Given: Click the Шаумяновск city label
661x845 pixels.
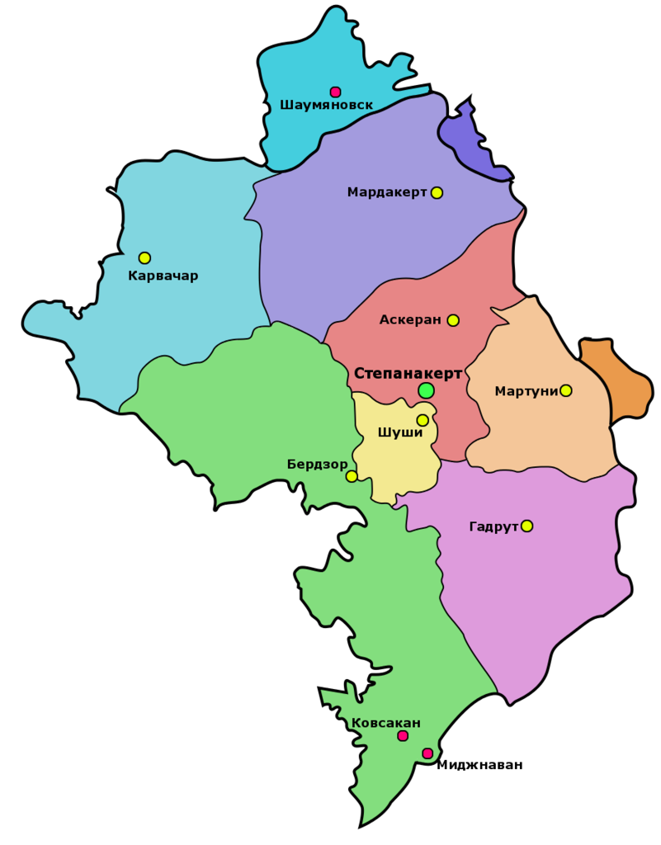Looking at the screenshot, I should pos(327,106).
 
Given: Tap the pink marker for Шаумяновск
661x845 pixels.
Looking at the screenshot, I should pos(335,92).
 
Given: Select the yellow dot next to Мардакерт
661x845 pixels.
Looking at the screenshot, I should pos(437,192).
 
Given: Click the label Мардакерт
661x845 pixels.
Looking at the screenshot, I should pos(387,192).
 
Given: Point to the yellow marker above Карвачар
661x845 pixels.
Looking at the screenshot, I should pos(144,257).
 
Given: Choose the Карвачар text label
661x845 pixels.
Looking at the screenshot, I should pos(163,276).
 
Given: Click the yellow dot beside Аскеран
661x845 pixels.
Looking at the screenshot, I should pos(453,320).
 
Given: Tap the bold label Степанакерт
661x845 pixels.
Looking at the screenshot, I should pos(408,373).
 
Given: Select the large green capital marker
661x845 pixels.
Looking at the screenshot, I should pos(426,390).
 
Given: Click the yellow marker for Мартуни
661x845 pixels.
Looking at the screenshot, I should pos(565,390).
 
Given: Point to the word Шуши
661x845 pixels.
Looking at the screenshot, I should pos(399,432).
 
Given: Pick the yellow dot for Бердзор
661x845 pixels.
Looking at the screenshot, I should pos(352,476).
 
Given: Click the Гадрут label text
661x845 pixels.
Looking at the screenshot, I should pos(493,526).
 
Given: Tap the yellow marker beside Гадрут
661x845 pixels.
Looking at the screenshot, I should pos(526,526).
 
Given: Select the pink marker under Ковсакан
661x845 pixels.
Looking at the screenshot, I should pos(403,736).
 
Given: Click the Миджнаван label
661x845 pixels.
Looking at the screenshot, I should pos(479,765).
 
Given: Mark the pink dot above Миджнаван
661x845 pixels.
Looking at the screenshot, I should pos(427,753).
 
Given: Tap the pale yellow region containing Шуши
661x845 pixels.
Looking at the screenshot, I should pos(396,466).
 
